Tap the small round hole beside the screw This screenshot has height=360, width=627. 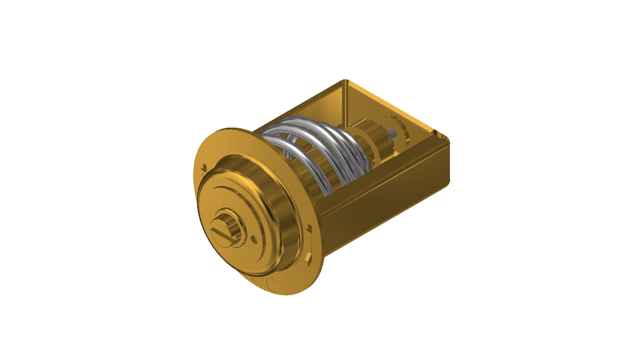point(254,239)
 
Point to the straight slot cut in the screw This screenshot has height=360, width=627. point(224,234)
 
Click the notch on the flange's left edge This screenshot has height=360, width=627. point(203,168)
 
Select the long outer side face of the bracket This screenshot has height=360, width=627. point(387,199)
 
